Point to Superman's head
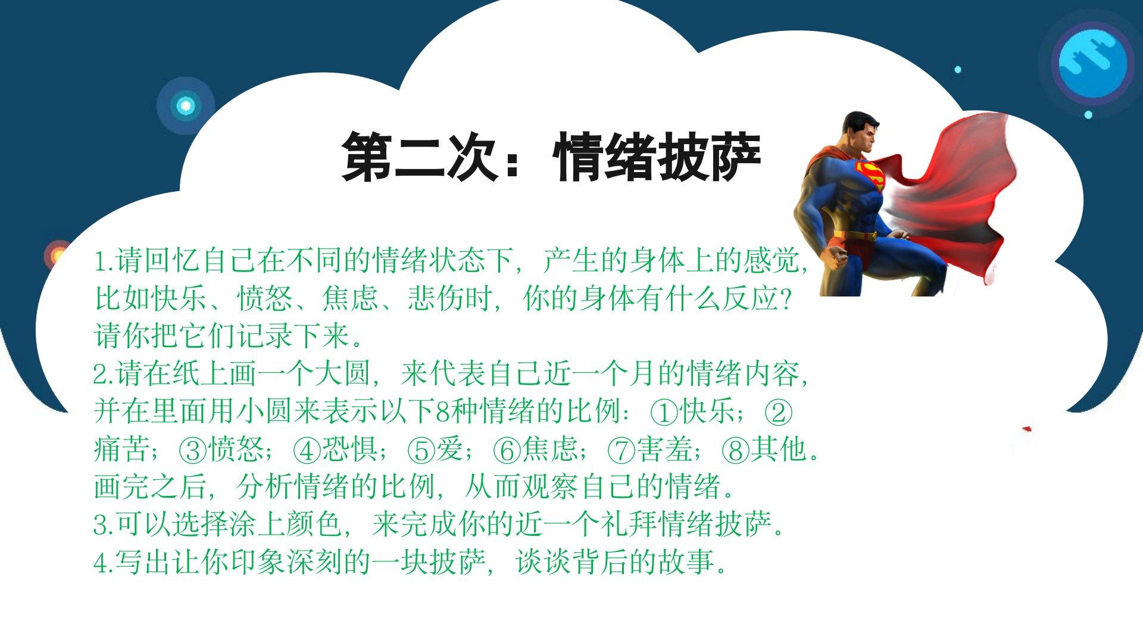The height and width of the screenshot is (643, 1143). coord(860,131)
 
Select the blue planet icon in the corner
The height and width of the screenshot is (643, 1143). coord(1093,63)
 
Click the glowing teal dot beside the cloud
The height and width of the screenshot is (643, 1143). coord(186,106)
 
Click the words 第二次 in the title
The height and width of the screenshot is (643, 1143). coord(419,157)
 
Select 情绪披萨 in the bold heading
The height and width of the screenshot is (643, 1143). coord(657,157)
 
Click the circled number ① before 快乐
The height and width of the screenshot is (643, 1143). coord(664,413)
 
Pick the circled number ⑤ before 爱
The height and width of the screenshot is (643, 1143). coord(421,451)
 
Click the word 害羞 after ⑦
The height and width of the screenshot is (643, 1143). coord(664,450)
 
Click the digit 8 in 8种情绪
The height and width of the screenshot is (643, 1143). coord(443,412)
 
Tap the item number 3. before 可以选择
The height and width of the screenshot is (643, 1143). coord(104,525)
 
